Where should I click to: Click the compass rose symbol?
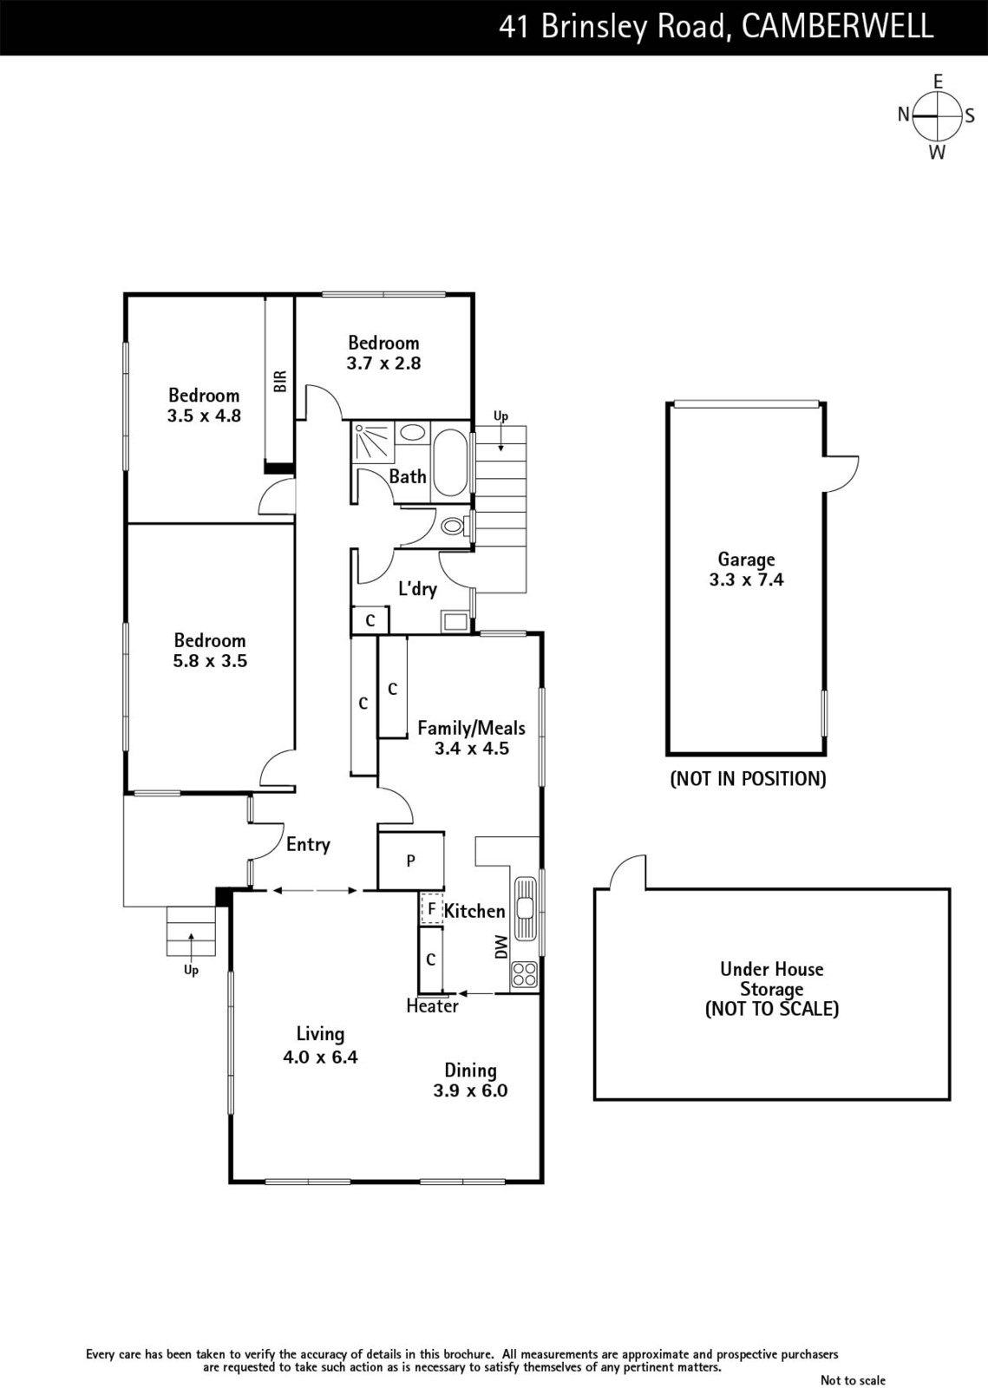[x=937, y=116]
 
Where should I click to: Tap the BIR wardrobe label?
[x=280, y=381]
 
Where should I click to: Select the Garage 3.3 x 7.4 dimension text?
[x=746, y=579]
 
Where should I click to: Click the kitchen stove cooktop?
[x=524, y=973]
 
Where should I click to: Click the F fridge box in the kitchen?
[x=432, y=909]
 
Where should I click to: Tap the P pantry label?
[x=410, y=860]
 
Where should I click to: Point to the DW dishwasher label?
[x=501, y=946]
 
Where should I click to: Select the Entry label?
[x=308, y=845]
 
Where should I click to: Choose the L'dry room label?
[x=417, y=589]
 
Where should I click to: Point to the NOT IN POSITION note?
[x=749, y=778]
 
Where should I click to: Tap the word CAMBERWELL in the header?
[x=837, y=27]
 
